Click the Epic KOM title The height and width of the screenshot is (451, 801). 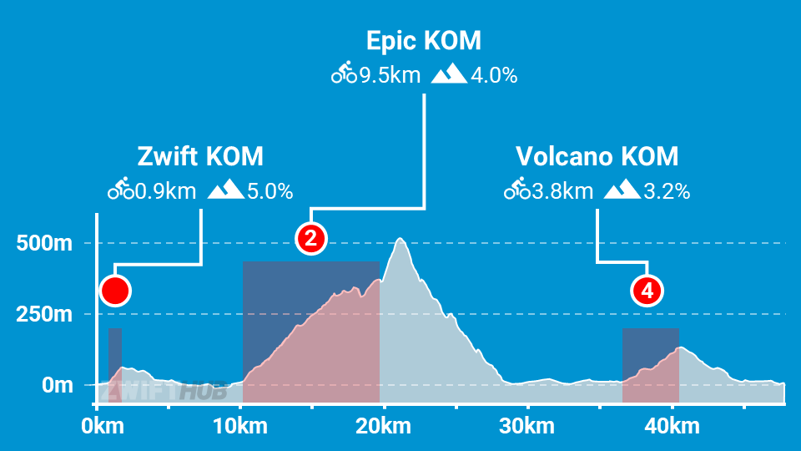click(x=424, y=41)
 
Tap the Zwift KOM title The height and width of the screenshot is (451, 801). click(x=199, y=156)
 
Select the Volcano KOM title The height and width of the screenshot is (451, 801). click(x=597, y=156)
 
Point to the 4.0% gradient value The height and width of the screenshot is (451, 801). click(x=494, y=76)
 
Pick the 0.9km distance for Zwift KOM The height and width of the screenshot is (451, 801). click(x=165, y=191)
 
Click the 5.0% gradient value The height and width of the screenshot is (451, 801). click(x=270, y=191)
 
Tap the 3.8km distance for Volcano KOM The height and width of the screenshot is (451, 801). click(x=562, y=191)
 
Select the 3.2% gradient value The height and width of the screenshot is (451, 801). click(x=667, y=191)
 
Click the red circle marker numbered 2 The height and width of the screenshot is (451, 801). click(x=310, y=239)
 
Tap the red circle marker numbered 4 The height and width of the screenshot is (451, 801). click(x=647, y=291)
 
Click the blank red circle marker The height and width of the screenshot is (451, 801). click(x=115, y=291)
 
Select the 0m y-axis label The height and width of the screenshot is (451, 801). click(x=56, y=386)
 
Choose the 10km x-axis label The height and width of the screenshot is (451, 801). click(x=240, y=427)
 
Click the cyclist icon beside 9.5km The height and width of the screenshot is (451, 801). click(x=343, y=76)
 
